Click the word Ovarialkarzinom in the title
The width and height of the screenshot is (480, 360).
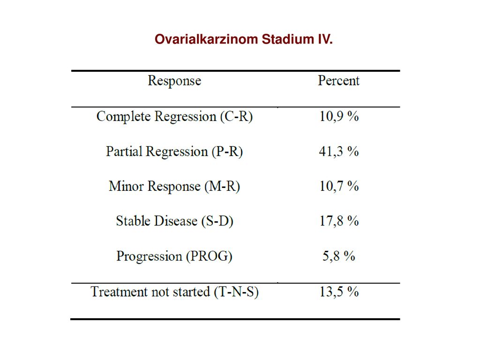[x=206, y=39]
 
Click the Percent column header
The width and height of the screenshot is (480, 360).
[x=338, y=81]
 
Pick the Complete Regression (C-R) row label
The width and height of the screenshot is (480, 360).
[x=174, y=117]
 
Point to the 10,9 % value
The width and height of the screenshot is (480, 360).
[x=339, y=117]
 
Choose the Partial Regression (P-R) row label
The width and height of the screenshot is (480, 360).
[x=174, y=151]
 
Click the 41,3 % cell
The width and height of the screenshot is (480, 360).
[x=339, y=151]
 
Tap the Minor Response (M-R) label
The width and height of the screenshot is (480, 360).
[x=174, y=187]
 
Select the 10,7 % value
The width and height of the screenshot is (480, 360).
[x=339, y=187]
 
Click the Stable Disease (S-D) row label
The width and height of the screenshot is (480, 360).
[x=174, y=221]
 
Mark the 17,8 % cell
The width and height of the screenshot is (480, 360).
[x=339, y=221]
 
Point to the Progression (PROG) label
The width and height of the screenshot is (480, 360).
[x=174, y=256]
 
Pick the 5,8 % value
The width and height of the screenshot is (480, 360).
[x=339, y=256]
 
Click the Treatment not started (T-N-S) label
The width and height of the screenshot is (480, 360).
[x=174, y=292]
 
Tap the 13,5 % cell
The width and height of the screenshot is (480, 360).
[x=339, y=292]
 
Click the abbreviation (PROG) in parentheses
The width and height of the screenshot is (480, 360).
[x=210, y=256]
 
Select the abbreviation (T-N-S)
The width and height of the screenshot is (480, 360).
[x=236, y=292]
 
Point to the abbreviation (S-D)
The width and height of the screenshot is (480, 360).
[x=217, y=221]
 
